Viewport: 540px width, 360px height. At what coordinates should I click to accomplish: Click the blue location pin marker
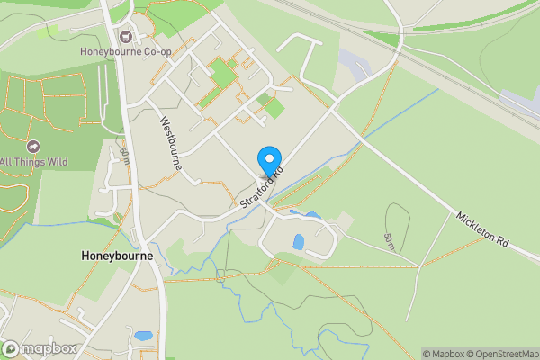(x=268, y=161)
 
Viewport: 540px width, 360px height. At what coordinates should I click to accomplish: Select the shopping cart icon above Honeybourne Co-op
(x=125, y=37)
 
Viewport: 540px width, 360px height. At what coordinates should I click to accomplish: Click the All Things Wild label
(x=34, y=162)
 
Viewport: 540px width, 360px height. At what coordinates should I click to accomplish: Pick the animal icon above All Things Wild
(x=34, y=147)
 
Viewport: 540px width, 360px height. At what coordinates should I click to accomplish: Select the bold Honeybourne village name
(x=115, y=256)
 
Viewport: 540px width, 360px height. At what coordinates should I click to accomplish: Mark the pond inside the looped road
(x=298, y=241)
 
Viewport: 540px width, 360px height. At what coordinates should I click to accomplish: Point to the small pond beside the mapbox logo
(x=143, y=336)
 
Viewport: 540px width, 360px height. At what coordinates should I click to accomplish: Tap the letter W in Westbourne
(x=164, y=121)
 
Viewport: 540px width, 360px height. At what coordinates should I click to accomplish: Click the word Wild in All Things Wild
(x=57, y=162)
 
